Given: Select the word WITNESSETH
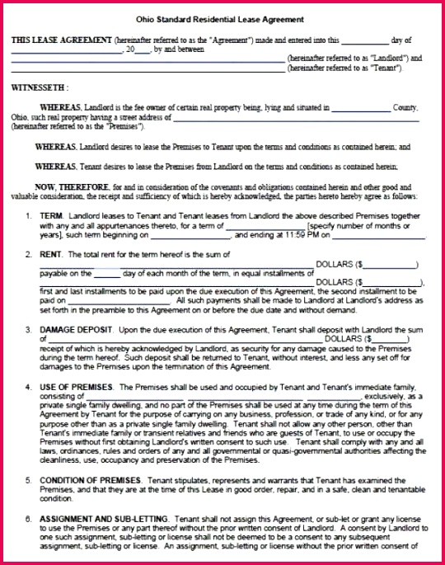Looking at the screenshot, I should (x=39, y=87).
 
